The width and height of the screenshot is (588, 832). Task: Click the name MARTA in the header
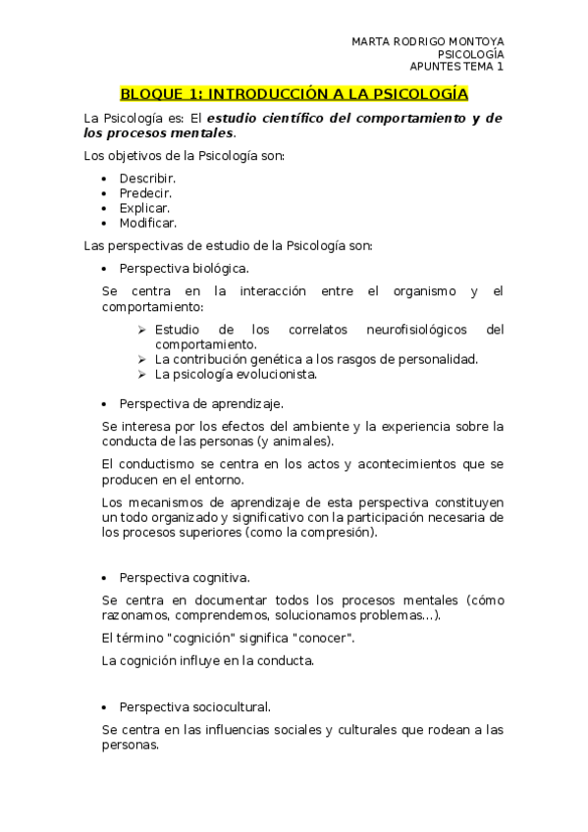click(370, 41)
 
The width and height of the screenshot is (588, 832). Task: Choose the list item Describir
click(147, 178)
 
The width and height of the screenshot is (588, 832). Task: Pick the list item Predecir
click(146, 193)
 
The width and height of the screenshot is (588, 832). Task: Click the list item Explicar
click(144, 208)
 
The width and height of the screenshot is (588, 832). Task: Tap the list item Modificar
click(148, 223)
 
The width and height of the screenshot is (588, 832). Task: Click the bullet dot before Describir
click(105, 179)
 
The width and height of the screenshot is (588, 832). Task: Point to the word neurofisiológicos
click(416, 329)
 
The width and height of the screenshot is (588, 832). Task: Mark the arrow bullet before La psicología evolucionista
click(142, 374)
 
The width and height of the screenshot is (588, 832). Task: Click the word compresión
click(343, 532)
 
